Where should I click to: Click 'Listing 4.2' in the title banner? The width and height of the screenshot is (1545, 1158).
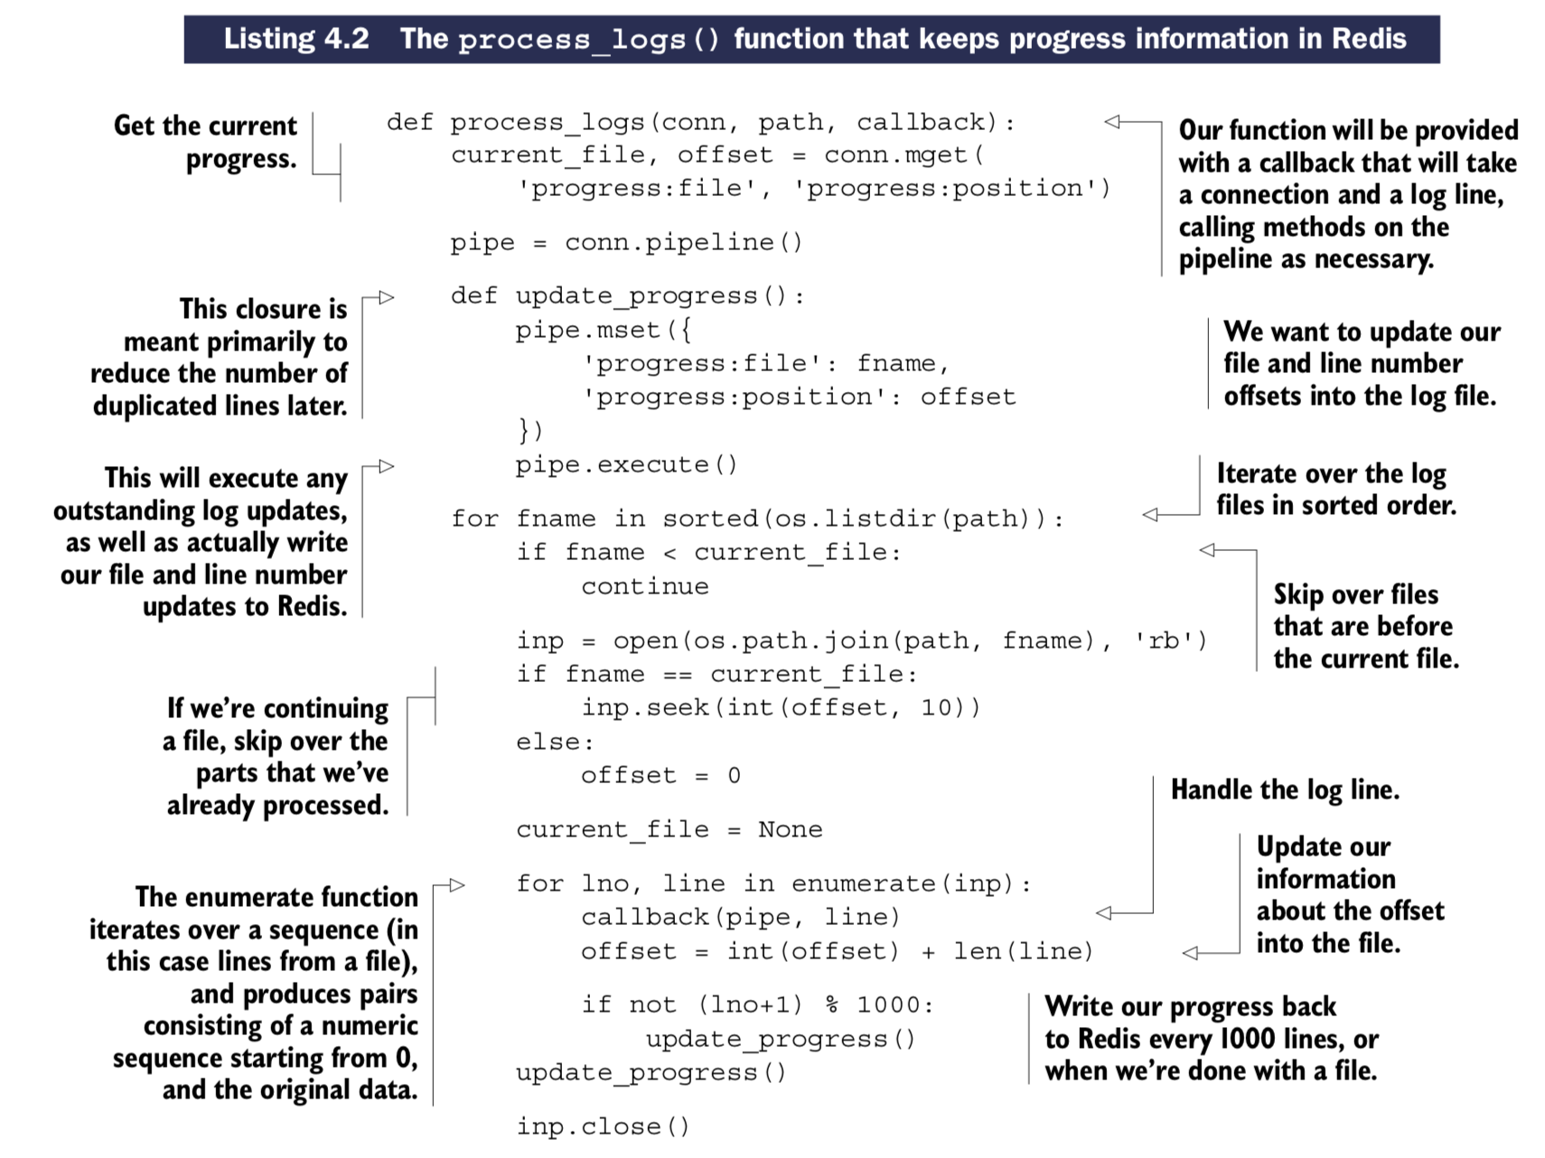pos(296,39)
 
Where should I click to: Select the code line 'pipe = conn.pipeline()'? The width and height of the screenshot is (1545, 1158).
pos(626,243)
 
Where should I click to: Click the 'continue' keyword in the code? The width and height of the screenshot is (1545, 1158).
pos(644,587)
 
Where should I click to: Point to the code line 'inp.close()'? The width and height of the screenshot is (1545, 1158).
pos(603,1126)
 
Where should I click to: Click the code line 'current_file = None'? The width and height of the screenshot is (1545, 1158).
pos(669,829)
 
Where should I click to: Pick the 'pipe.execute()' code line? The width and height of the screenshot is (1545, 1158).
pos(626,465)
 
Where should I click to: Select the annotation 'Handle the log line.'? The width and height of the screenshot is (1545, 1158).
pos(1284,790)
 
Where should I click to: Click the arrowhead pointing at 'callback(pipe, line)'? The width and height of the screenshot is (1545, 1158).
pos(1104,913)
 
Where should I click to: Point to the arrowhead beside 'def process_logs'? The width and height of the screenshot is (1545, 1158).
pos(1112,121)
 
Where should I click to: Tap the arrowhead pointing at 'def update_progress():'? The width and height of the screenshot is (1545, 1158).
pos(387,297)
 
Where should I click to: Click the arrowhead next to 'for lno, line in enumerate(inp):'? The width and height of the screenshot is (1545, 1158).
pos(457,885)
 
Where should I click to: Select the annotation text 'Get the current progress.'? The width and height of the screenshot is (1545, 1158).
pos(205,142)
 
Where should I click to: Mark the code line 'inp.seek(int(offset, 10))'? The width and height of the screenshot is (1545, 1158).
pos(780,707)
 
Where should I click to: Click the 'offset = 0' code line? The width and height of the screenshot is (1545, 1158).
pos(660,776)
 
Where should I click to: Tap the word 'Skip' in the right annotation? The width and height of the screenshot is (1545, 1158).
pos(1301,594)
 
